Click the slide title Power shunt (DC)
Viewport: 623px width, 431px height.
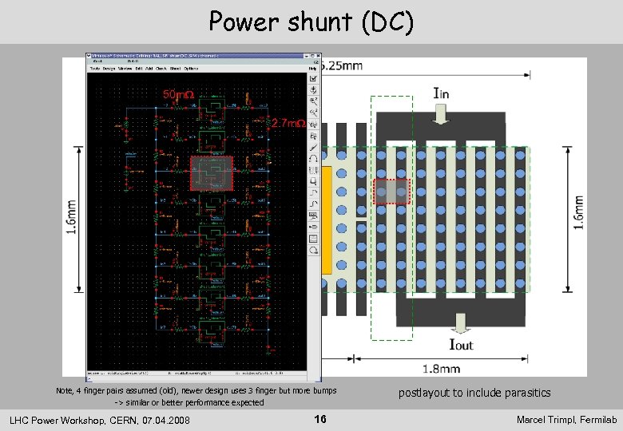click(x=311, y=22)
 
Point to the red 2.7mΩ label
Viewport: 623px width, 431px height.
click(x=289, y=124)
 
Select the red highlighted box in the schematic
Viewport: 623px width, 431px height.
click(x=211, y=173)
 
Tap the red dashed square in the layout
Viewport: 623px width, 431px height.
click(x=391, y=192)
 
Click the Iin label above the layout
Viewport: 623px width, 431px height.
click(x=440, y=94)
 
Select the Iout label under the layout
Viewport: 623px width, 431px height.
click(x=461, y=345)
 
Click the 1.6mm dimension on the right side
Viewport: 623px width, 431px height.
click(x=578, y=213)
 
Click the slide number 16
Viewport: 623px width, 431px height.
click(x=320, y=420)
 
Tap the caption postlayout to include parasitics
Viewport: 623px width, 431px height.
click(x=474, y=393)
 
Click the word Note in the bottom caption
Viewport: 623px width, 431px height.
click(x=64, y=391)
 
